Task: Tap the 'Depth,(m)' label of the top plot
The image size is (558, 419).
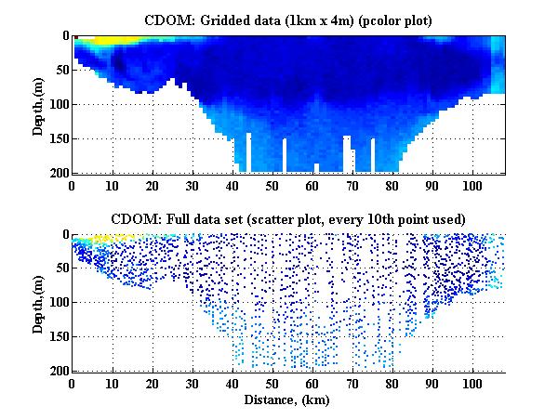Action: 39,104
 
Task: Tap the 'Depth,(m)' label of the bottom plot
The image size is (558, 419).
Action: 39,303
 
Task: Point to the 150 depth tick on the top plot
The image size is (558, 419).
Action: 58,138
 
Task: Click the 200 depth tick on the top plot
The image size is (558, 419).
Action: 58,173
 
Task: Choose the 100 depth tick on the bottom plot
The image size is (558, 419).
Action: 58,303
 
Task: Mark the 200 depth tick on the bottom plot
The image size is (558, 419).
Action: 58,371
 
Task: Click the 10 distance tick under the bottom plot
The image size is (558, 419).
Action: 112,383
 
